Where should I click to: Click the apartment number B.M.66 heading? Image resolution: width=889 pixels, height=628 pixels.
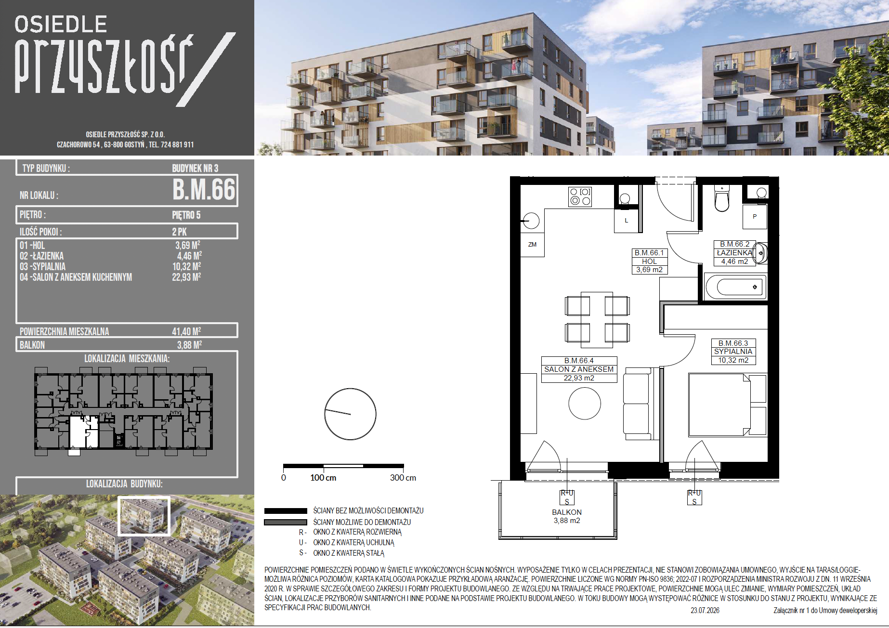(x=204, y=189)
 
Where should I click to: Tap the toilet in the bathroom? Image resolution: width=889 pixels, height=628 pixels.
(x=722, y=198)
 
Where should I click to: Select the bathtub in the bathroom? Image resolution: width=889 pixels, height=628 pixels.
(x=735, y=287)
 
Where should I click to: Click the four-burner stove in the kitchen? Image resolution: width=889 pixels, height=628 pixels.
(x=580, y=196)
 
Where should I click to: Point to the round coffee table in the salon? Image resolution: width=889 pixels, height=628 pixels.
(x=585, y=404)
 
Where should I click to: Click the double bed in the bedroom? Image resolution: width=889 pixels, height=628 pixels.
(x=720, y=405)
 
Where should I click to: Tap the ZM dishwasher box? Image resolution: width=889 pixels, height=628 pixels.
(x=532, y=245)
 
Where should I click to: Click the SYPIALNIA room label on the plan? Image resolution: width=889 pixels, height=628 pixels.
(x=733, y=352)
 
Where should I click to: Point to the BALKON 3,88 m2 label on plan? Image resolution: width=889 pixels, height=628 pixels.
(x=567, y=516)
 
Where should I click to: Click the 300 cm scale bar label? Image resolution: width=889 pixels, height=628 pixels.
(x=403, y=478)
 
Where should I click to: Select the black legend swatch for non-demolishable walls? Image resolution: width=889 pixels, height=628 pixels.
(x=286, y=511)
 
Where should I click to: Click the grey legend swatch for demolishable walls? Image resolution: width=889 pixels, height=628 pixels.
(x=286, y=522)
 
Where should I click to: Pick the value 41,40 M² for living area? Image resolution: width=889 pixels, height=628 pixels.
(x=187, y=331)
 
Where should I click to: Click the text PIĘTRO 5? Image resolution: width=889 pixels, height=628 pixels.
(x=186, y=215)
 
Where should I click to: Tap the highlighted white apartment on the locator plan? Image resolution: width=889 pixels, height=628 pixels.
(x=84, y=432)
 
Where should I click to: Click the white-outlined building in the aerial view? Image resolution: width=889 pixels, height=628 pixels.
(x=144, y=516)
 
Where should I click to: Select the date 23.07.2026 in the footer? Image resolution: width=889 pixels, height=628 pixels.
(x=705, y=610)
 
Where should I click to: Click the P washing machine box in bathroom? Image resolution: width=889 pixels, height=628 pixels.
(x=755, y=217)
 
